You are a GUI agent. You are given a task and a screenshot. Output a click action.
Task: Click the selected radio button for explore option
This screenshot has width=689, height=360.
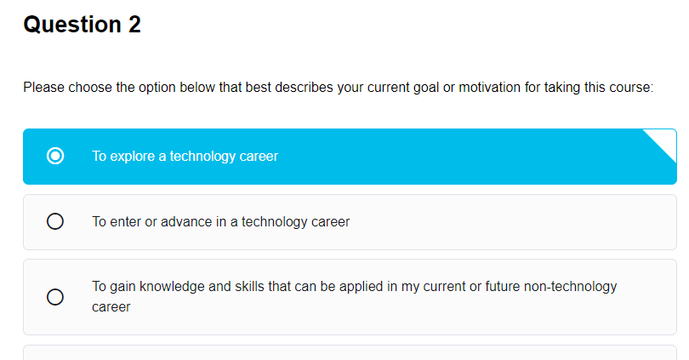click(x=55, y=157)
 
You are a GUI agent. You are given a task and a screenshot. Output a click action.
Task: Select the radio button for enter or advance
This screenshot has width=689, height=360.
click(x=55, y=222)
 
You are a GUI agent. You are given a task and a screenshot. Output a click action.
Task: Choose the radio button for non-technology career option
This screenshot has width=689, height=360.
click(x=55, y=297)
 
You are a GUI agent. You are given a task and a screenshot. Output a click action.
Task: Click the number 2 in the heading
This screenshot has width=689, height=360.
click(x=134, y=26)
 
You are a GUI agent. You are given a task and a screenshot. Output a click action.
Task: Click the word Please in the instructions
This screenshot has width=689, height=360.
click(x=43, y=88)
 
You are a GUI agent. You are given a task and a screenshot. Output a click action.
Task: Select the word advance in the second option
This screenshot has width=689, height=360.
click(x=188, y=222)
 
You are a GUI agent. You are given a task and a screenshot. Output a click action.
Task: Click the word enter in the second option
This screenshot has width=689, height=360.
click(x=126, y=222)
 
